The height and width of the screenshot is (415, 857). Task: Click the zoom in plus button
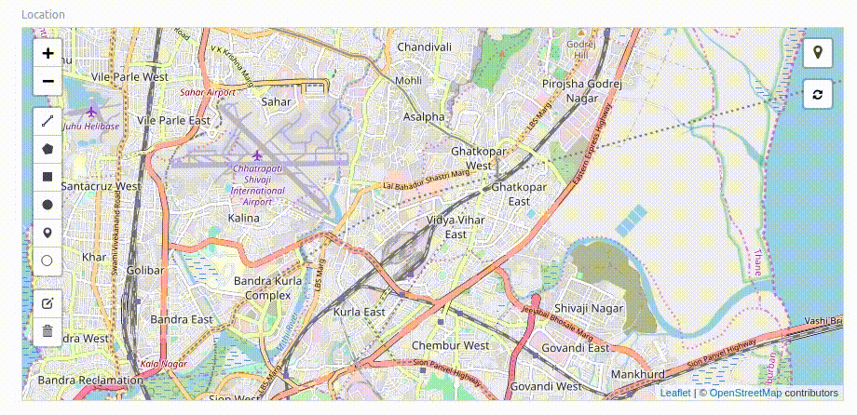point(48,53)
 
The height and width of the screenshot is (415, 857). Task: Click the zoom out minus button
point(48,82)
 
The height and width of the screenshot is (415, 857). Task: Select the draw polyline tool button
point(48,120)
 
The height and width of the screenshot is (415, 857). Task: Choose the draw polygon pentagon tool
point(48,148)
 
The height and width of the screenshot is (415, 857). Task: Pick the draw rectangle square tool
point(48,176)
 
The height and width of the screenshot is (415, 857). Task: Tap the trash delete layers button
point(48,330)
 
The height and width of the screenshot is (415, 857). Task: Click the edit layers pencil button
point(48,302)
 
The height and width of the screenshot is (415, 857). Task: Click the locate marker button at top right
point(817,52)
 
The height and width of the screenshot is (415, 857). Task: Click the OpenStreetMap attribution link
point(745,393)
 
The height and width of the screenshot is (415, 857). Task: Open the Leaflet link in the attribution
point(675,393)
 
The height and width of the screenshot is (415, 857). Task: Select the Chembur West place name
point(450,345)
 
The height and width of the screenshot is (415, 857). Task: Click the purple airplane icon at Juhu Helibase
point(91,112)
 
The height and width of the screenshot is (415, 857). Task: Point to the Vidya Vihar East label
point(456,227)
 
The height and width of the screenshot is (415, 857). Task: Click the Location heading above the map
point(43,15)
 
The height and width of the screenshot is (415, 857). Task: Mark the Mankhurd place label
point(637,374)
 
